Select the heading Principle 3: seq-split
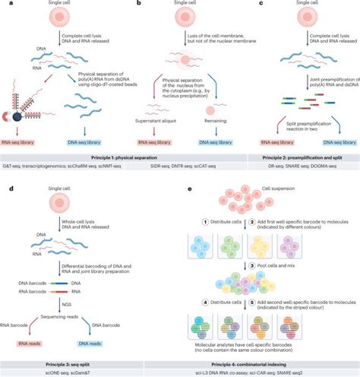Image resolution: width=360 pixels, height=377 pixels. pyautogui.click(x=54, y=355)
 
